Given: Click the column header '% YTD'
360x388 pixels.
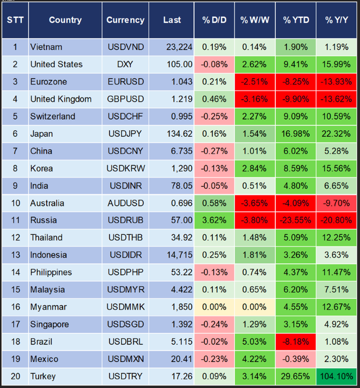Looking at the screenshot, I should [296, 20].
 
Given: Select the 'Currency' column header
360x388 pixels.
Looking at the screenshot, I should [125, 20].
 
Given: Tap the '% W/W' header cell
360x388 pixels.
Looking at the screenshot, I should [254, 20].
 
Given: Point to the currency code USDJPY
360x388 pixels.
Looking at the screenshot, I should [125, 133].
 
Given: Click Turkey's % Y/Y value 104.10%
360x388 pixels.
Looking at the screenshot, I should [336, 376].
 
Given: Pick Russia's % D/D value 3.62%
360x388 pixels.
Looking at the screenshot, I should [214, 220].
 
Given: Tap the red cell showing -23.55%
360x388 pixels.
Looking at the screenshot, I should [296, 220].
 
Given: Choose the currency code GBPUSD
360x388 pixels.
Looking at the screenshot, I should [125, 99].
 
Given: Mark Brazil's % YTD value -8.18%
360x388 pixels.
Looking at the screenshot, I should [296, 342].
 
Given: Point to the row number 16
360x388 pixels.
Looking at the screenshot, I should [16, 307].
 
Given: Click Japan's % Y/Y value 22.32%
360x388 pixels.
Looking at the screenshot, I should [336, 133].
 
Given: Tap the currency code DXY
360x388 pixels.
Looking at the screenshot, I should [125, 64].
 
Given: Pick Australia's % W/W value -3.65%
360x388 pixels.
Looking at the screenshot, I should [254, 203].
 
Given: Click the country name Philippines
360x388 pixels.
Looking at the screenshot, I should [51, 272].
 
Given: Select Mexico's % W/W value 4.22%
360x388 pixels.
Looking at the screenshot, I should [254, 359].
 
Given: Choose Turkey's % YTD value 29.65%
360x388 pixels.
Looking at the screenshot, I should [296, 376].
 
